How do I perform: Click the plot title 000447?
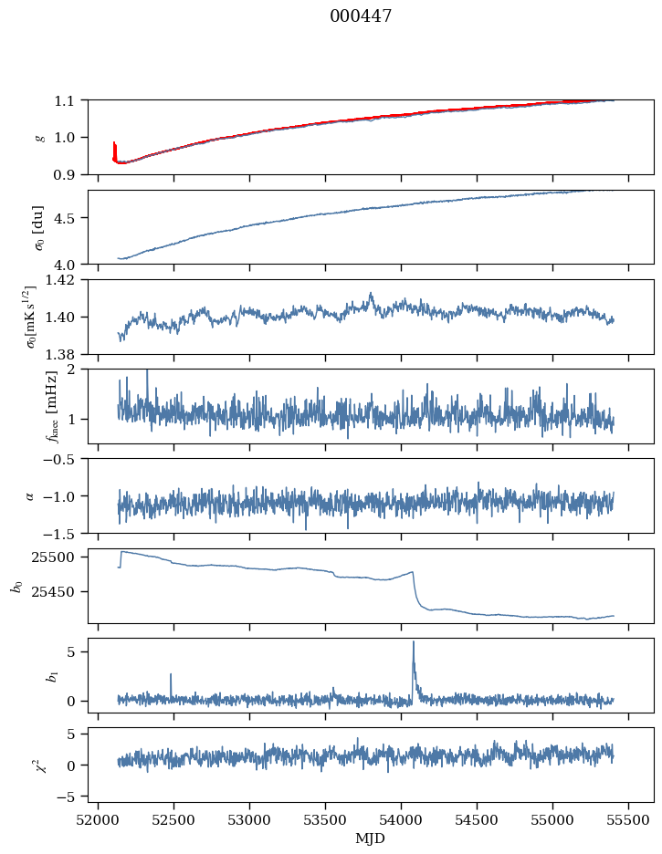[361, 16]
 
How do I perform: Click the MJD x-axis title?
[371, 838]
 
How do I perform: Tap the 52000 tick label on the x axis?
[98, 819]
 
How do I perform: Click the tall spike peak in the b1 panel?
[414, 642]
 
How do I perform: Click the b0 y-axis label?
[15, 585]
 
